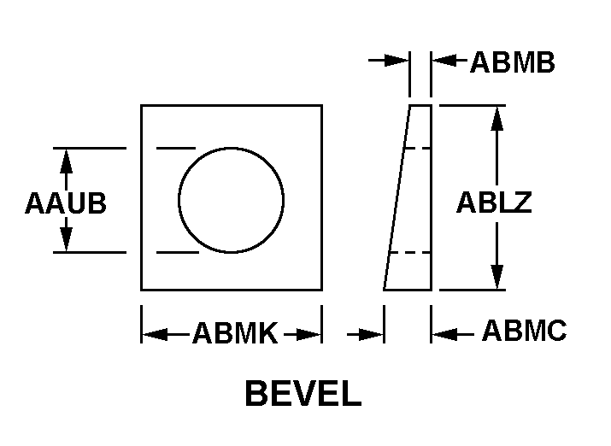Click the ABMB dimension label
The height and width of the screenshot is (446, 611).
[x=513, y=62]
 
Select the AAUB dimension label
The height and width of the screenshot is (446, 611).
[x=66, y=203]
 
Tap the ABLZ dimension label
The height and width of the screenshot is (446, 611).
[x=494, y=202]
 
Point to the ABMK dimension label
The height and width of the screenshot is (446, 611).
[x=235, y=333]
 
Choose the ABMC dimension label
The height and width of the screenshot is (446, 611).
[x=525, y=331]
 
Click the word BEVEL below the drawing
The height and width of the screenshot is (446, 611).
[x=303, y=393]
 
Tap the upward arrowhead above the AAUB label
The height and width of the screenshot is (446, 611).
[x=67, y=161]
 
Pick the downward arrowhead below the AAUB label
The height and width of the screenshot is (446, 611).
[x=67, y=239]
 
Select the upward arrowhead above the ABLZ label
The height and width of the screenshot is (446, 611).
[x=496, y=118]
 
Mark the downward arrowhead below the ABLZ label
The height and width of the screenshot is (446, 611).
[x=496, y=277]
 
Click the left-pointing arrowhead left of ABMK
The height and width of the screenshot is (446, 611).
[x=155, y=334]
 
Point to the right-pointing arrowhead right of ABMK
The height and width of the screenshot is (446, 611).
[x=308, y=334]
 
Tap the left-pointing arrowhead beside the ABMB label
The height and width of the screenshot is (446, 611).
[x=444, y=61]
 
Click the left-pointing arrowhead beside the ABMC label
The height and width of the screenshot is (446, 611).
[x=444, y=334]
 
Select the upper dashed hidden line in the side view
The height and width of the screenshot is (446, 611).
[x=417, y=149]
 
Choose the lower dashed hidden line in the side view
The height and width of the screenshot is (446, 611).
[x=410, y=253]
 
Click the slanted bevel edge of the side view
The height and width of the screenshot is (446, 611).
[x=397, y=197]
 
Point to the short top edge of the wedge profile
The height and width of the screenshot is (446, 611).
[x=420, y=105]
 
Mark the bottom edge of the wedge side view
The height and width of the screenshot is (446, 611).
[x=408, y=290]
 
